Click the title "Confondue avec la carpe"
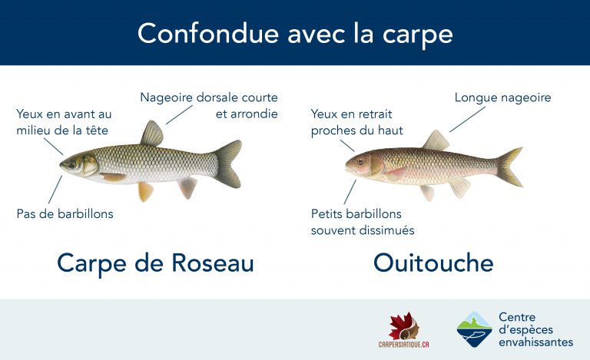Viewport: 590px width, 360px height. click(x=294, y=33)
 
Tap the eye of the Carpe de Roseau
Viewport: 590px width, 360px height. click(x=75, y=163)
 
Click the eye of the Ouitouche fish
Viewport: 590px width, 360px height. click(x=360, y=161)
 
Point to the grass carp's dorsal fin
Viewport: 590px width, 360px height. click(x=151, y=134)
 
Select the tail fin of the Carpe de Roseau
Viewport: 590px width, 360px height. click(x=228, y=163)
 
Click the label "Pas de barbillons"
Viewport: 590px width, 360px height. click(x=65, y=213)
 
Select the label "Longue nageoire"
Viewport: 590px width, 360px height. click(x=502, y=97)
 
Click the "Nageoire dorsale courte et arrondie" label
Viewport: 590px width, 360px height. click(x=209, y=106)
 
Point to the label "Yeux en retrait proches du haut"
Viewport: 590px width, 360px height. click(x=357, y=122)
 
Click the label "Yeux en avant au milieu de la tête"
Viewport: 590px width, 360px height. click(x=64, y=122)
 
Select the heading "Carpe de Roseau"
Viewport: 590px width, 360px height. click(x=155, y=263)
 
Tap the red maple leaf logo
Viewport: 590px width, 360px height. click(x=404, y=325)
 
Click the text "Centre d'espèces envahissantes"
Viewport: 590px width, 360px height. click(x=535, y=329)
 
